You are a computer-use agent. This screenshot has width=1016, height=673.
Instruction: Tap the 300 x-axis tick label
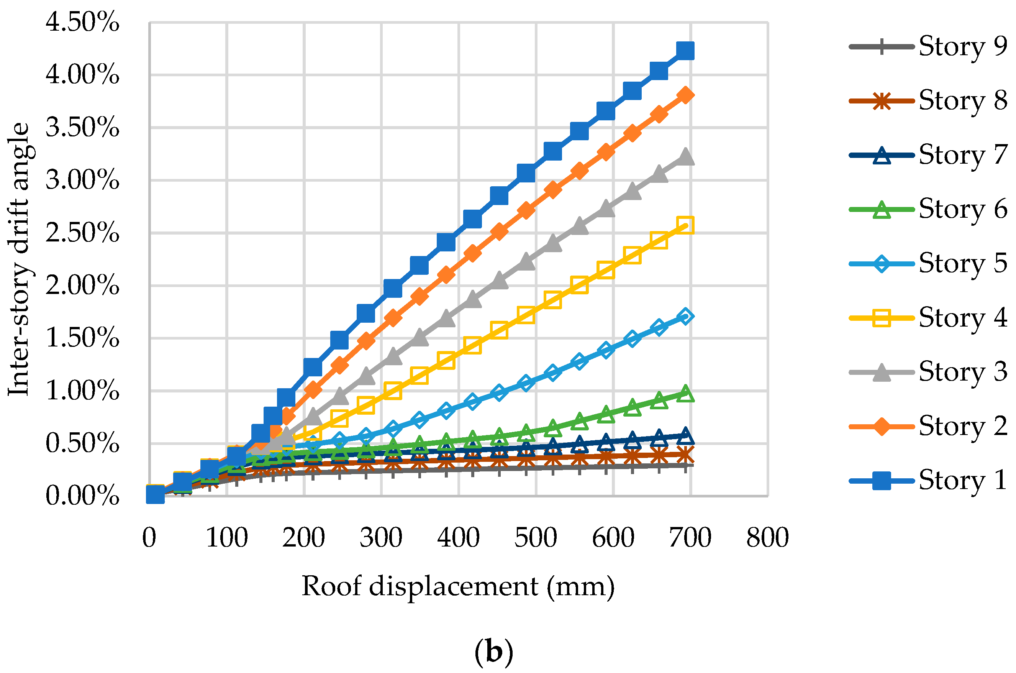click(381, 537)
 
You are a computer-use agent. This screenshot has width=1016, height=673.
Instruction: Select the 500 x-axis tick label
click(536, 537)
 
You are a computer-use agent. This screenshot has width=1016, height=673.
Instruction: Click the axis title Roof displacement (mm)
click(458, 586)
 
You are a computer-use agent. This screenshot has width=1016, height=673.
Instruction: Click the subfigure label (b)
click(494, 653)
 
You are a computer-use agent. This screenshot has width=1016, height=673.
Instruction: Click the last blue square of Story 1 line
click(685, 51)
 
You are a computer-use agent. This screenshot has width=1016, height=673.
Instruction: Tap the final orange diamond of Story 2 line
click(685, 95)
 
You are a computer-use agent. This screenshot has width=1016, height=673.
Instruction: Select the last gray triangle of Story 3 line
click(685, 157)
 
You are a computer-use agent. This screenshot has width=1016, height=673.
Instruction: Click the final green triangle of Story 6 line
click(685, 394)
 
